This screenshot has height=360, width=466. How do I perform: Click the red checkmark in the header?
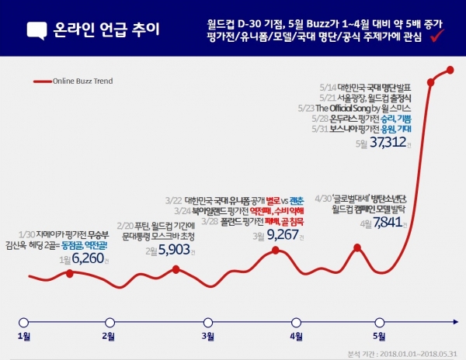(436, 36)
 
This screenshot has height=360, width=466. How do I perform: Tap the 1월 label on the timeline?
(24, 337)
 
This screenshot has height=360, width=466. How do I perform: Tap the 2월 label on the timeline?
(109, 337)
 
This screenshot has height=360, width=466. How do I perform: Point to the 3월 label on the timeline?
(207, 337)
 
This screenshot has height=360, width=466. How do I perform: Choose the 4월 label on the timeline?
(295, 337)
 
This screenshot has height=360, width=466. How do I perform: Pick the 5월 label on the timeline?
(379, 337)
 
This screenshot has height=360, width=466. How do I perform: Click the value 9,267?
(283, 234)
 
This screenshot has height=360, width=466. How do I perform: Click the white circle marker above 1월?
(24, 320)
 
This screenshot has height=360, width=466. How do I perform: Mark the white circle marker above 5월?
(379, 320)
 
